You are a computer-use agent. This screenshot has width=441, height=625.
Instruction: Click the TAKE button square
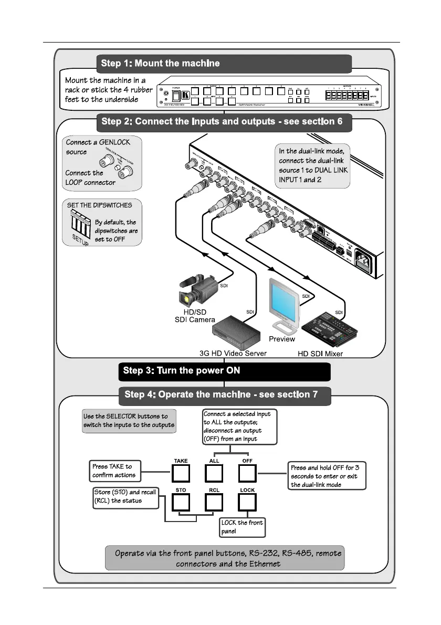(x=181, y=474)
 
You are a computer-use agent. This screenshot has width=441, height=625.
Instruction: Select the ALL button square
(x=214, y=474)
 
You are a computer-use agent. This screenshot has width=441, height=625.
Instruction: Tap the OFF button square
(x=247, y=474)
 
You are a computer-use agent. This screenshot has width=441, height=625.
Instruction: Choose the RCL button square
(x=214, y=504)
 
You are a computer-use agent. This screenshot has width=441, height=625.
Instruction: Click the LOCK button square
(x=247, y=504)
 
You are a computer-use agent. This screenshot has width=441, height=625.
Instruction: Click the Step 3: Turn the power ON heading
(x=224, y=371)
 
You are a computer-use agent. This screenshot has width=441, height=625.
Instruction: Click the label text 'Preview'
(x=282, y=339)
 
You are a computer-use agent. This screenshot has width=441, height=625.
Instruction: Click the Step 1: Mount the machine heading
(x=224, y=64)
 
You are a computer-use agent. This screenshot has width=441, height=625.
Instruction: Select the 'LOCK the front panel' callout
(x=242, y=527)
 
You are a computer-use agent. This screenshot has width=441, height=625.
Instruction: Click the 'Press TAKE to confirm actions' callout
(x=113, y=471)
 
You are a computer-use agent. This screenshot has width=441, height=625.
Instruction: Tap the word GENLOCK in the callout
(x=115, y=142)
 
